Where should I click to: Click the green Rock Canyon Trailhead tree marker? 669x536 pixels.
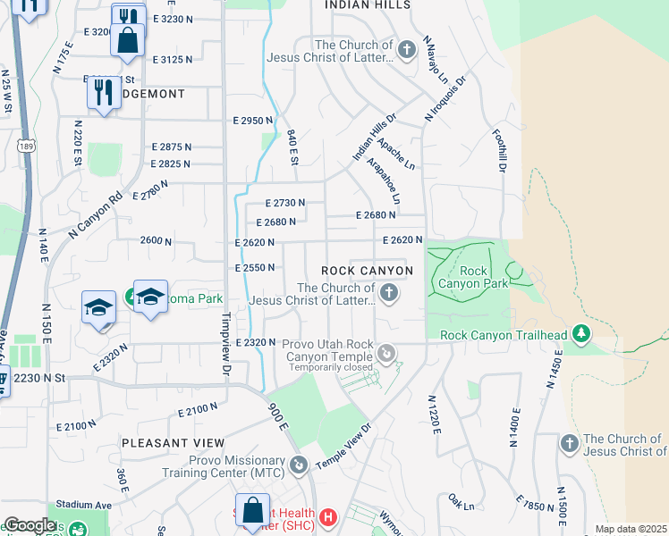point(582,334)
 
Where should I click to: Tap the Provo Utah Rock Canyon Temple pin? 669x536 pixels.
point(386,355)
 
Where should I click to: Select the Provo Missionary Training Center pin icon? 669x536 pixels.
point(299,465)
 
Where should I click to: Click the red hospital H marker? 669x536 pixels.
point(328,516)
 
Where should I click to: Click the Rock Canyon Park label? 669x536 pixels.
point(474,278)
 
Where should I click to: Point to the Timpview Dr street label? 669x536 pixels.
point(226,348)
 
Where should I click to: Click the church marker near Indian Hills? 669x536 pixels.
point(406,48)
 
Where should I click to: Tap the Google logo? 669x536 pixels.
point(30,525)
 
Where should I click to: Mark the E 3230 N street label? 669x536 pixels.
point(173,18)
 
